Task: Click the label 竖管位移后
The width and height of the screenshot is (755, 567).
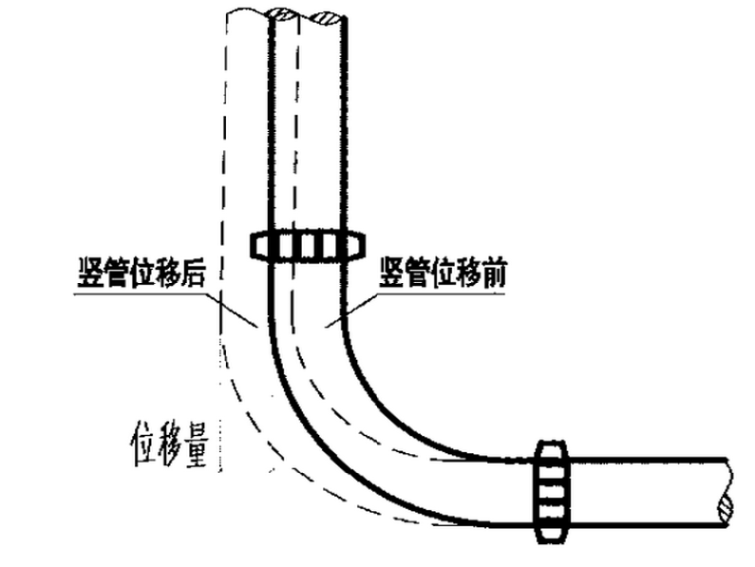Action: [141, 276]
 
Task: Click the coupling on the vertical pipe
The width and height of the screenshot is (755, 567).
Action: [307, 244]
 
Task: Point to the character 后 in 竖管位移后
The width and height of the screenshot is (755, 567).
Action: [192, 276]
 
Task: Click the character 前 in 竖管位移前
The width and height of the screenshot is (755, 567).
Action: [493, 276]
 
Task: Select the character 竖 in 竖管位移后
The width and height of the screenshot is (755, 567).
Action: [90, 276]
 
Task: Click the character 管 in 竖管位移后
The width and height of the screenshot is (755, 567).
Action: [116, 276]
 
